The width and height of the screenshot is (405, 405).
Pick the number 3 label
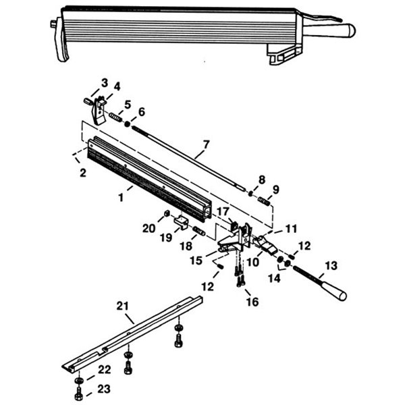point(104,82)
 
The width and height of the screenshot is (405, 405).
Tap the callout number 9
point(276,188)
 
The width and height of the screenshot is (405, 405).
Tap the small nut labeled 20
point(164,215)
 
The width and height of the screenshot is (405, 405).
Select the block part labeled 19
point(181,220)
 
